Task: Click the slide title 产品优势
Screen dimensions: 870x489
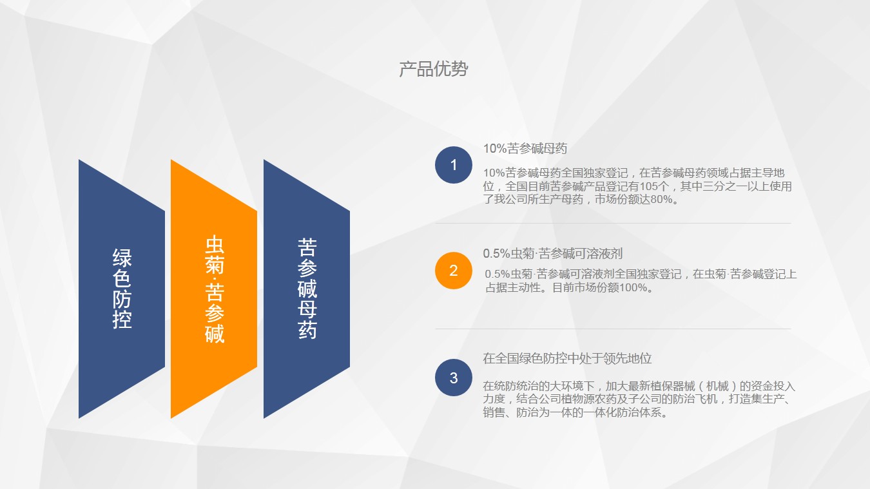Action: (434, 70)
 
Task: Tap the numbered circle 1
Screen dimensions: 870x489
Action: (453, 165)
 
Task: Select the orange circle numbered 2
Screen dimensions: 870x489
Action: (453, 271)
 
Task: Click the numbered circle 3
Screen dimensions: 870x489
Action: (453, 378)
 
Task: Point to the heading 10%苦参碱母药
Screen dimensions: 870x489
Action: (525, 148)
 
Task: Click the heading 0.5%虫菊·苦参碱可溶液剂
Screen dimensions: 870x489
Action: (553, 254)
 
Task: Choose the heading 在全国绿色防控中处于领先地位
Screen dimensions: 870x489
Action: (567, 358)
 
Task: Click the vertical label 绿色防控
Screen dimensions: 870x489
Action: (122, 289)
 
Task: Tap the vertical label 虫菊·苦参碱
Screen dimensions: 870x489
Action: (215, 289)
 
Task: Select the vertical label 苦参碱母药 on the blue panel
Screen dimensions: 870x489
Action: (307, 288)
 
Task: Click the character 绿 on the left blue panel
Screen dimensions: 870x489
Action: (122, 258)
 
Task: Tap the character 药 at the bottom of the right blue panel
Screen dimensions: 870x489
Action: (307, 330)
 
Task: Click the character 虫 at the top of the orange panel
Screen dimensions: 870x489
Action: (215, 244)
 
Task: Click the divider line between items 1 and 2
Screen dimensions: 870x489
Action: (613, 224)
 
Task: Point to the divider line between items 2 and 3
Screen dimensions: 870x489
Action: (613, 329)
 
